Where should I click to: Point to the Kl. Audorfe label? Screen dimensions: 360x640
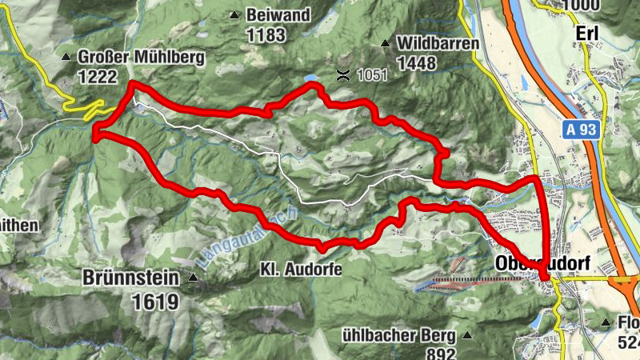301,270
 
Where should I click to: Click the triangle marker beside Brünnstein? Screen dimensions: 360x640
194,278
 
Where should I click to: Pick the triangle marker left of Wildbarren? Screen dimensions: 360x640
386,43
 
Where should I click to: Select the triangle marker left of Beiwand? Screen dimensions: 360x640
234,15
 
